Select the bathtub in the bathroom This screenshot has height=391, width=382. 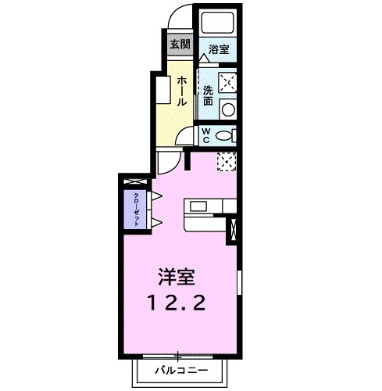217,23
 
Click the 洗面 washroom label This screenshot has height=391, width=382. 209,95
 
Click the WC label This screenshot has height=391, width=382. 206,135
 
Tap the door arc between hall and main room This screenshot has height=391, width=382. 167,163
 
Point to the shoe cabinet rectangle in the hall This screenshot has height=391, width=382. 162,89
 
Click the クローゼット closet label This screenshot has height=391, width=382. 137,208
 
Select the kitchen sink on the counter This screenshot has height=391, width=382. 198,207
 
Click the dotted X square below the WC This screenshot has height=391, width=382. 226,161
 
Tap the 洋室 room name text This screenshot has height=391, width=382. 177,278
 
